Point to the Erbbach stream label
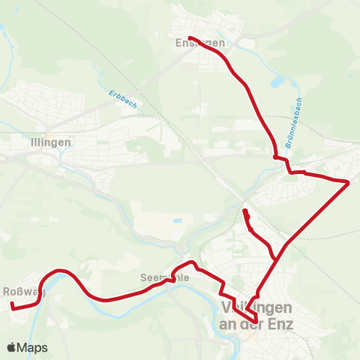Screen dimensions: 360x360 [122, 98]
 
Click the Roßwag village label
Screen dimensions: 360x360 [23, 292]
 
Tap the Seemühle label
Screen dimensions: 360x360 [163, 277]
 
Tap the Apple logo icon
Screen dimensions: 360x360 [12, 347]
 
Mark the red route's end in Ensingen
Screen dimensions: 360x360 [190, 37]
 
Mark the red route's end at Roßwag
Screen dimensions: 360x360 [12, 304]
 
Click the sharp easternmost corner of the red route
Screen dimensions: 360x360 [349, 181]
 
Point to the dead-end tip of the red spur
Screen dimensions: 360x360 [245, 212]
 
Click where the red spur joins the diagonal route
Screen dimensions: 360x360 [277, 257]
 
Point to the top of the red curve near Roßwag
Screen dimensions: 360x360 [60, 270]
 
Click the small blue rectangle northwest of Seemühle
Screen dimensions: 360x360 [176, 221]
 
